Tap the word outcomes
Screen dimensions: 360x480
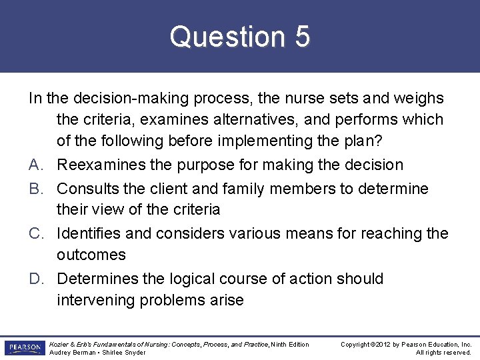pos(91,255)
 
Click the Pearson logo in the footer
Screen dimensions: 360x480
pos(23,348)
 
